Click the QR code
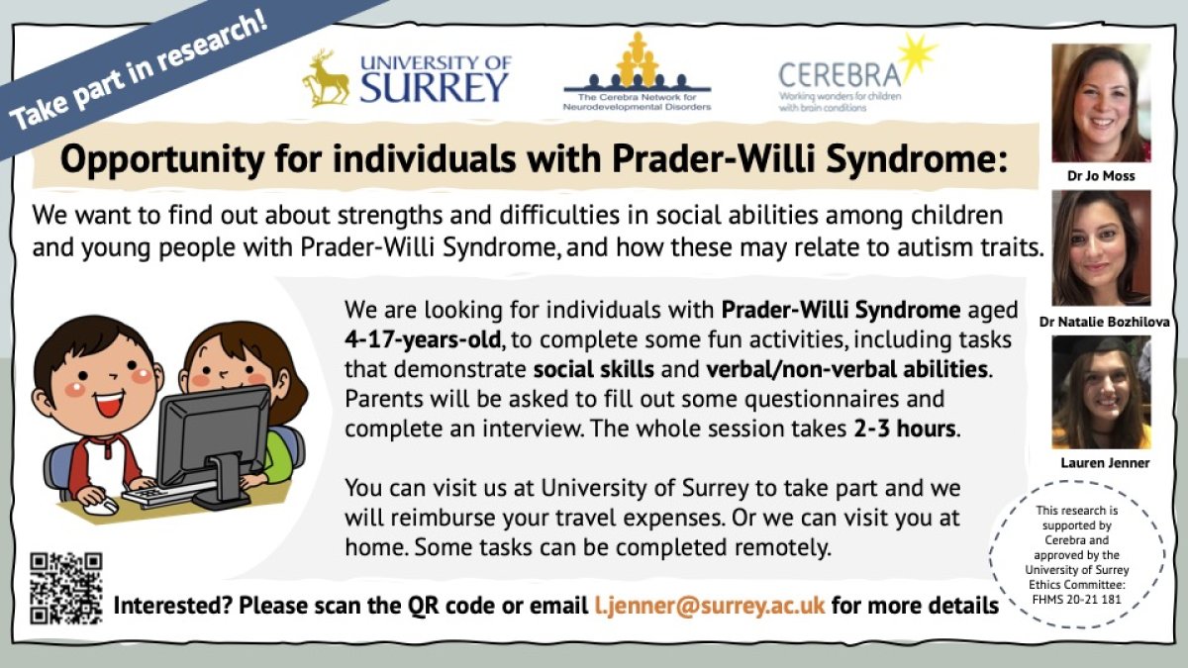(65, 588)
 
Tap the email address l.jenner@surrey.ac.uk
(710, 605)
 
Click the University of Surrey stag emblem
(326, 78)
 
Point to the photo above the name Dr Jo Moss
(1102, 103)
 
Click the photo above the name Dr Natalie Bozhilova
(1102, 247)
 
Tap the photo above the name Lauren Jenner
(1102, 392)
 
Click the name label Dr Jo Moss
(1101, 176)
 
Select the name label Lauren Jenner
(1105, 463)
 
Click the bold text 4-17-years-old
(423, 339)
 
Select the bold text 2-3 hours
(905, 429)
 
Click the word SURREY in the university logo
(434, 87)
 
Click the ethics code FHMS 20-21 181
(1077, 600)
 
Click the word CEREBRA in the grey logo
(840, 75)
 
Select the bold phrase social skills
(593, 369)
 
